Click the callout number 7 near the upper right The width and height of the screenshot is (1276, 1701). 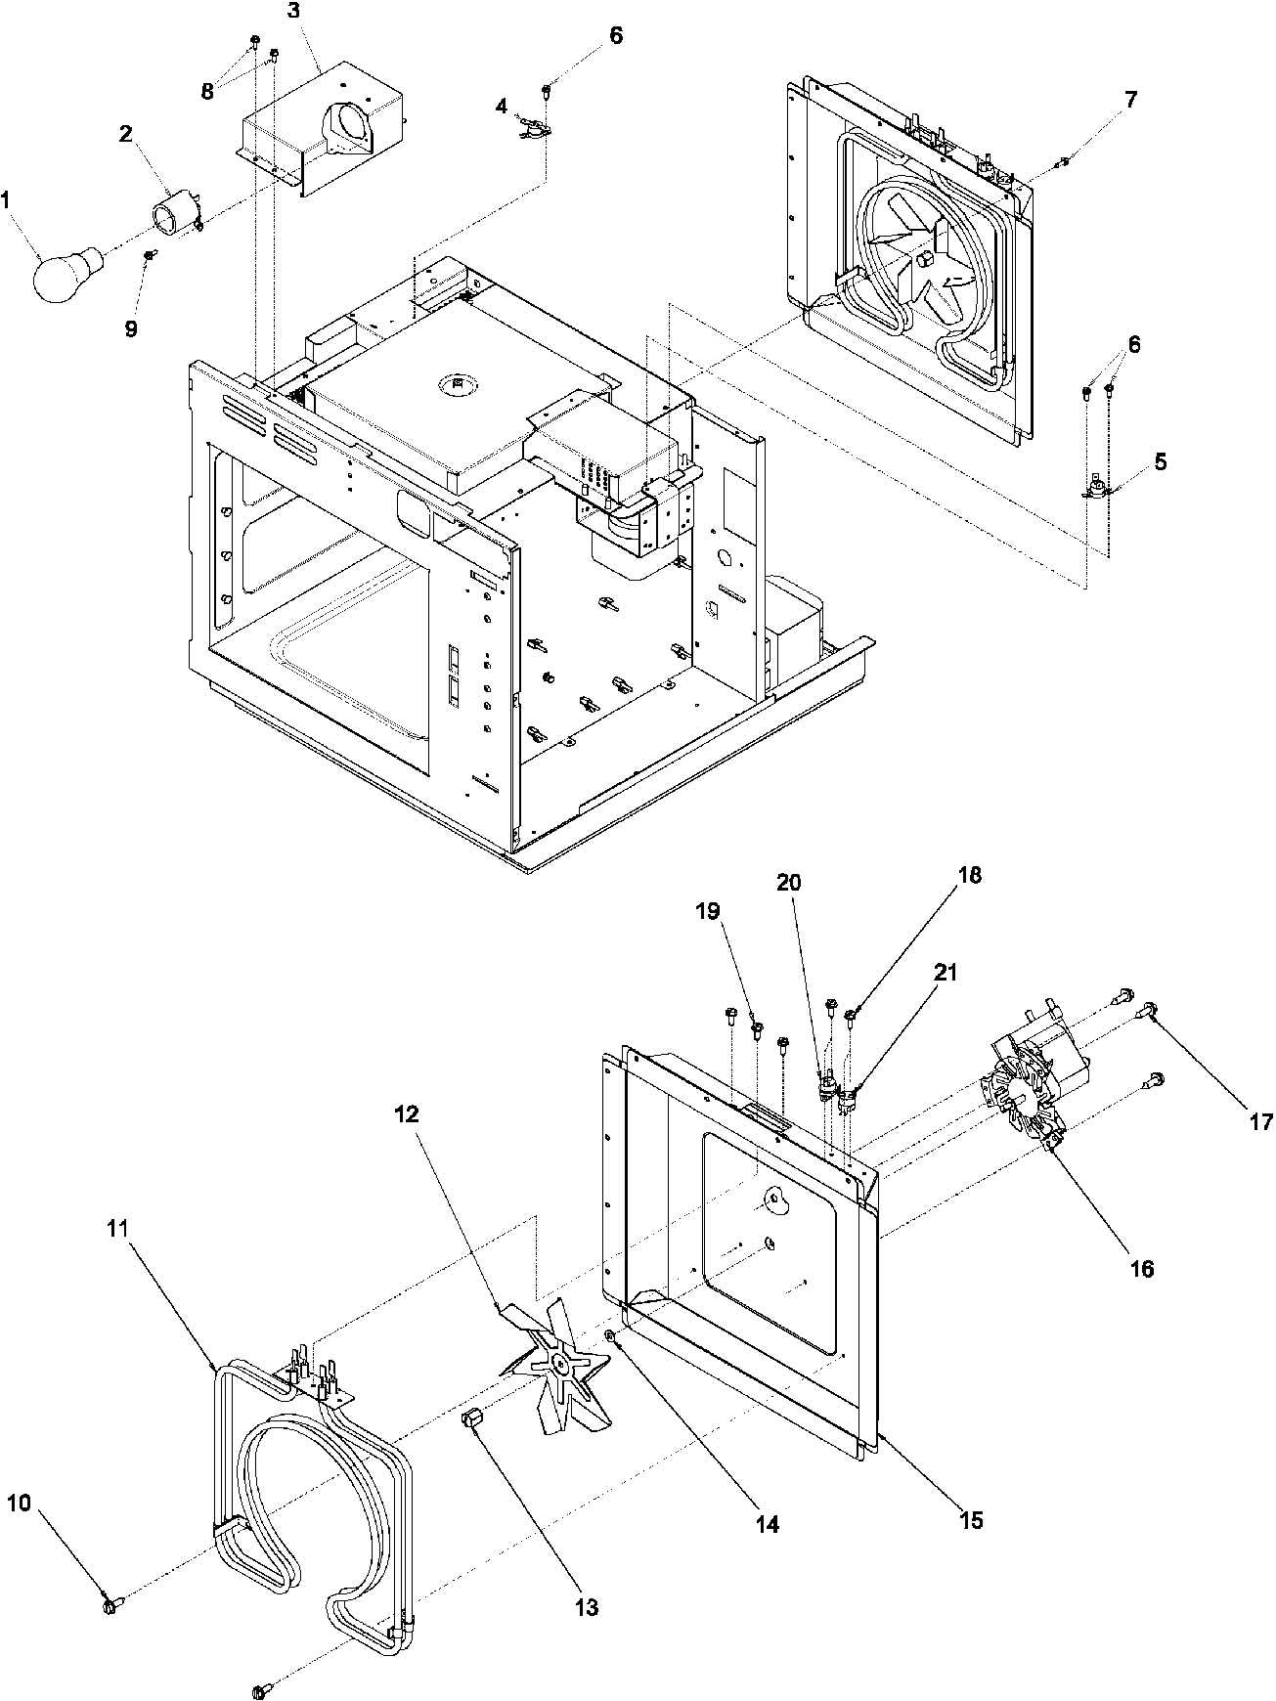[1130, 100]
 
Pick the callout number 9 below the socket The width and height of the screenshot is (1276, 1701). [130, 329]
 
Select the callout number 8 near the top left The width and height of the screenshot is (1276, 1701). [207, 92]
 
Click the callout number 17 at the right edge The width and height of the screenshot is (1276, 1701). [1260, 1122]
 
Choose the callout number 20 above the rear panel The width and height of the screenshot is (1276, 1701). [789, 882]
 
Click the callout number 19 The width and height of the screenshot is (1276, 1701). [708, 911]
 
